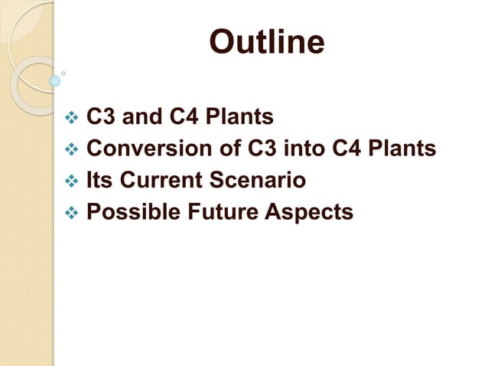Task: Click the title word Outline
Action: (267, 42)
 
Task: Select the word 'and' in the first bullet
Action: (138, 118)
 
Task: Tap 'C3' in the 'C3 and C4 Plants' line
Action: (101, 118)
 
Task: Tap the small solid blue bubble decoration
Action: (54, 80)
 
